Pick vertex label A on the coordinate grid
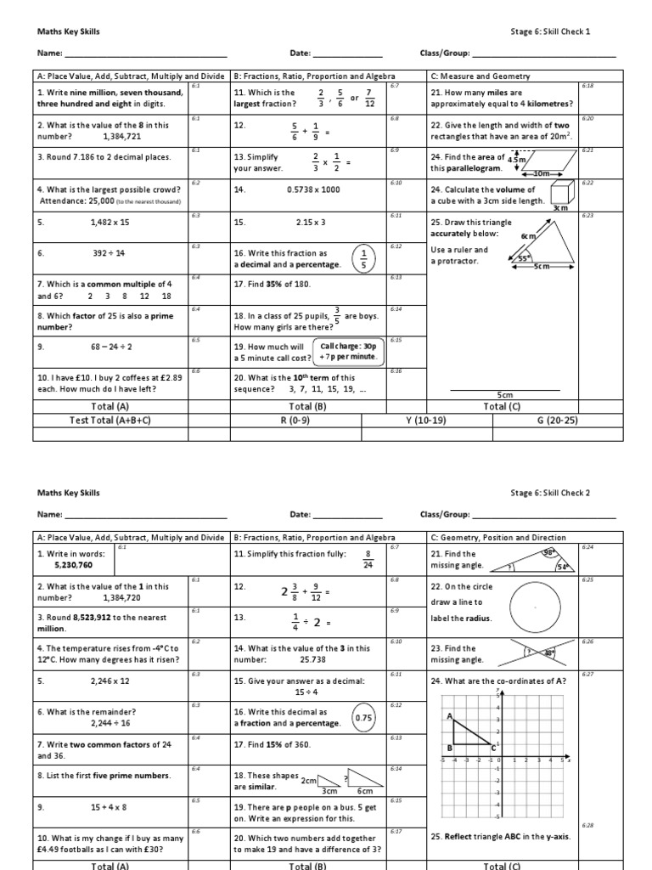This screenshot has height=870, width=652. point(449,716)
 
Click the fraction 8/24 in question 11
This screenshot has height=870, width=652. point(368,559)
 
